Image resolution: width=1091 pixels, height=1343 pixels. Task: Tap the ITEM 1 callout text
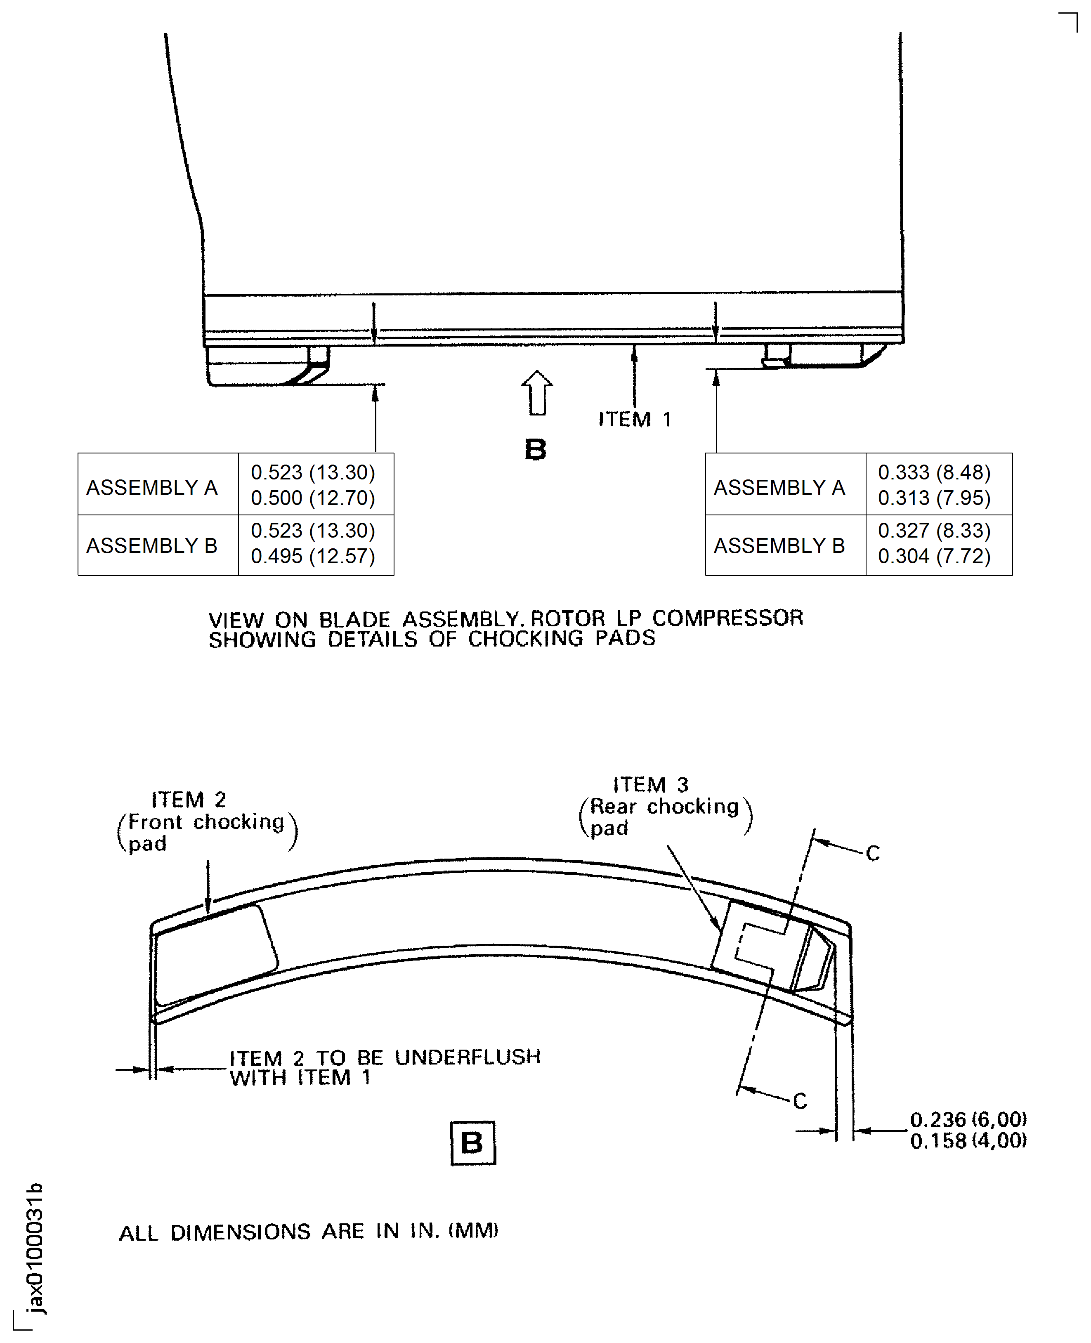[634, 419]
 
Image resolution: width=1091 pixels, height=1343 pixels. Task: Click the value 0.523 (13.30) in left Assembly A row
[312, 472]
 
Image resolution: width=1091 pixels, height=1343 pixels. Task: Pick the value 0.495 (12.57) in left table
[312, 556]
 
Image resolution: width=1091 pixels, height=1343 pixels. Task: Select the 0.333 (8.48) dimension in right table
[934, 472]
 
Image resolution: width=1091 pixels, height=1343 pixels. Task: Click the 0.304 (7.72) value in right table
[934, 556]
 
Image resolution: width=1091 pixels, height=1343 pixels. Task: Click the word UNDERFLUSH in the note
[468, 1057]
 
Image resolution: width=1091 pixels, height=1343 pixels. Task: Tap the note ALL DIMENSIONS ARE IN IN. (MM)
[308, 1232]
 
